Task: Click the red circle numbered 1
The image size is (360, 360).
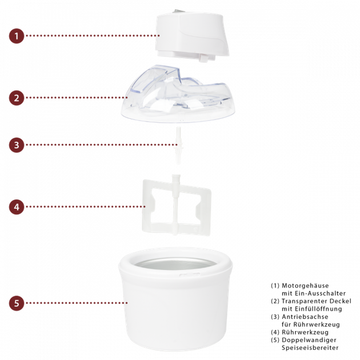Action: click(x=17, y=36)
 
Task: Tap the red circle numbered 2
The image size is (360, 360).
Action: click(x=17, y=98)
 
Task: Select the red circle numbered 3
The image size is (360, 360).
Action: click(x=17, y=145)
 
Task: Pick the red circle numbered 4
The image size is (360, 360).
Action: click(x=17, y=207)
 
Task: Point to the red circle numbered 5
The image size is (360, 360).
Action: click(x=17, y=303)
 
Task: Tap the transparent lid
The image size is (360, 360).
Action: click(x=178, y=94)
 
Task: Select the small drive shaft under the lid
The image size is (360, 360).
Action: click(x=178, y=146)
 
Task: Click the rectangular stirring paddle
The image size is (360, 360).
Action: click(x=176, y=206)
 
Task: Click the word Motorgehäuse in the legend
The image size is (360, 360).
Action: click(x=305, y=286)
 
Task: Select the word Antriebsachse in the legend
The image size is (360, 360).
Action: click(x=305, y=317)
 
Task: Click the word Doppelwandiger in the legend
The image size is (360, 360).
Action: click(x=309, y=340)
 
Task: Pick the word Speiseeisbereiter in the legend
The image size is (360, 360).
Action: click(x=310, y=347)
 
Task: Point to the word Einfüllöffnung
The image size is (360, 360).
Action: click(x=318, y=309)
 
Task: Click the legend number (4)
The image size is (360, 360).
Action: click(x=275, y=332)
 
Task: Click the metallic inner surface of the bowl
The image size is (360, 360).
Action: click(x=175, y=264)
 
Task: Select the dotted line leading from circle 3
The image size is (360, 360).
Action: click(x=102, y=145)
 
